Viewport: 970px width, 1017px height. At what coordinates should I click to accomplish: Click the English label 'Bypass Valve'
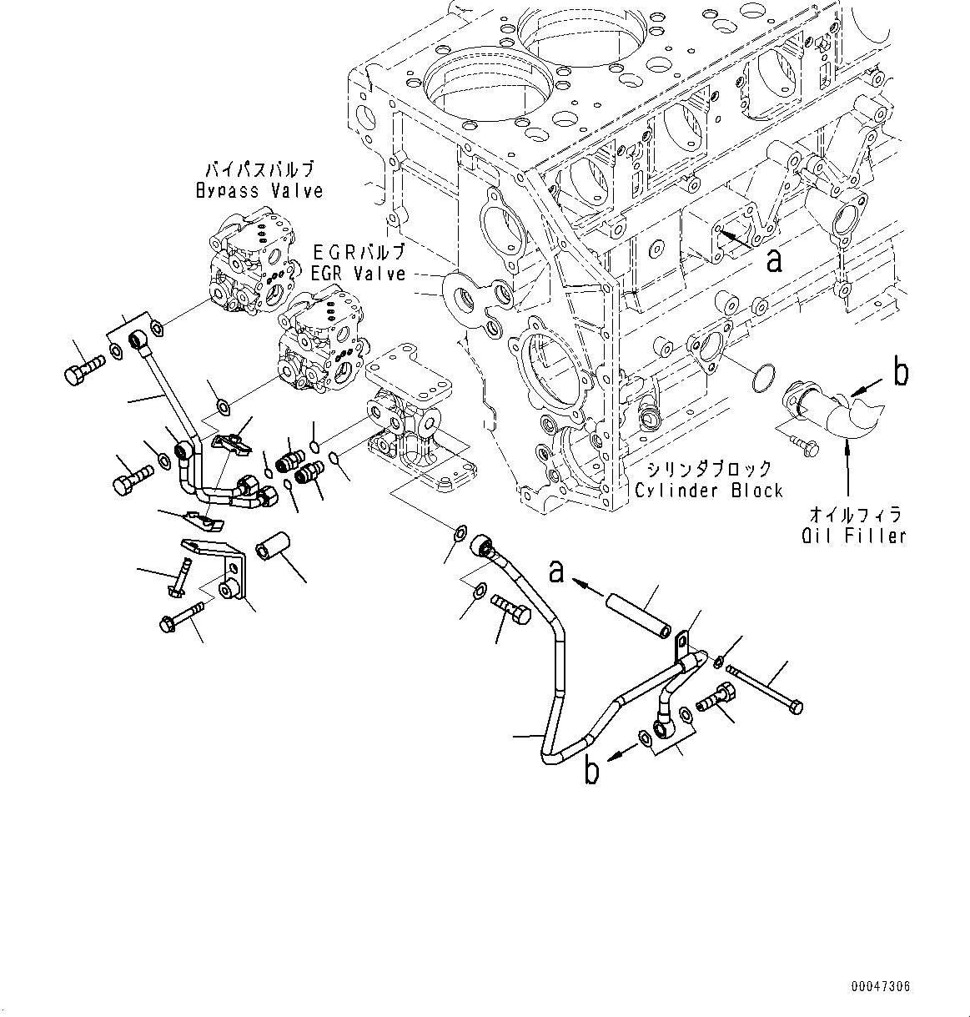click(x=259, y=191)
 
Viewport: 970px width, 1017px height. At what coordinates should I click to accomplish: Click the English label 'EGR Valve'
click(x=359, y=274)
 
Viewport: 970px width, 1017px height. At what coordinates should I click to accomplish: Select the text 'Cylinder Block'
click(x=709, y=490)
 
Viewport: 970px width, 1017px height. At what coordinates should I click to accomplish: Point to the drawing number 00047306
click(x=881, y=986)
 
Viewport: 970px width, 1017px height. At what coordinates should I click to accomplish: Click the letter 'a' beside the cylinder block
click(x=775, y=260)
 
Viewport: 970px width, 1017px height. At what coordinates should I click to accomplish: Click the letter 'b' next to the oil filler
click(x=901, y=373)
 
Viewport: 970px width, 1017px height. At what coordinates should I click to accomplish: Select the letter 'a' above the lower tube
click(x=556, y=571)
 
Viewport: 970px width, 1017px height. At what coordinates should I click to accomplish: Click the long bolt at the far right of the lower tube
click(x=765, y=687)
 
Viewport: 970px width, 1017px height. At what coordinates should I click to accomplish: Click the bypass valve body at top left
click(x=250, y=263)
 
